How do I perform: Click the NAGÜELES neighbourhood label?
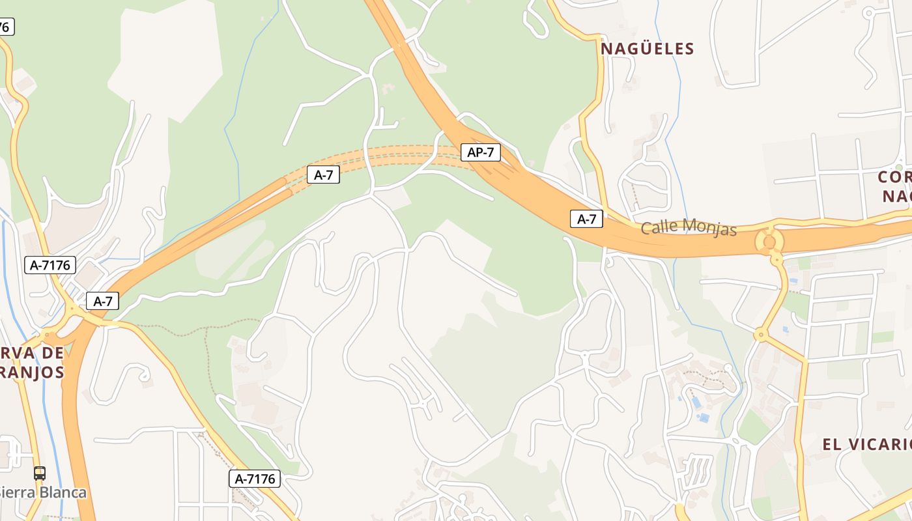tap(648, 49)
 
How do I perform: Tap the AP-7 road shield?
tap(481, 152)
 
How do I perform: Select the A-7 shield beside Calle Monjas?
tap(587, 219)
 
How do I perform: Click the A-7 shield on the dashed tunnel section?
tap(324, 175)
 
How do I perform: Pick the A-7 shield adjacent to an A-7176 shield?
tap(103, 302)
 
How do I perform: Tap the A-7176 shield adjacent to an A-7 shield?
tap(50, 265)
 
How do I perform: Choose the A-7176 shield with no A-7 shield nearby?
tap(255, 479)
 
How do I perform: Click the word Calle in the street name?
tap(659, 227)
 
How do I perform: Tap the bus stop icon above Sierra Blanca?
tap(40, 473)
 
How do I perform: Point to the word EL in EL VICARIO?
tap(833, 445)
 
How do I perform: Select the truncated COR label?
tap(893, 177)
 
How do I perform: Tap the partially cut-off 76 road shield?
tap(6, 27)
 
